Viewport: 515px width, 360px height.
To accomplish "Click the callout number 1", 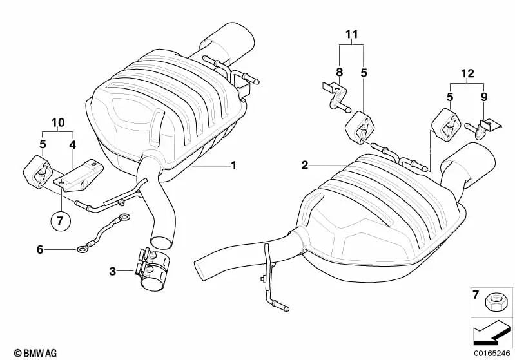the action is point(233,165).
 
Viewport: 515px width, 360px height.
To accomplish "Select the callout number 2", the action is point(305,165).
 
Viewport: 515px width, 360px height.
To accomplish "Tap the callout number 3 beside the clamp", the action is point(113,271).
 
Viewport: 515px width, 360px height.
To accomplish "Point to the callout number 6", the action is point(40,250).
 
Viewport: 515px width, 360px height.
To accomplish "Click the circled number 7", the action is point(61,221).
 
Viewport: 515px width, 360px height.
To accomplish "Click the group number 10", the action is point(58,122).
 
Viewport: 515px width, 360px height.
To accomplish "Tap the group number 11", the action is point(351,34).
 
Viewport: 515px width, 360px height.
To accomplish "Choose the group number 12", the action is point(468,73).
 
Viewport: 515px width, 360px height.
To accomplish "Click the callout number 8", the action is point(339,72).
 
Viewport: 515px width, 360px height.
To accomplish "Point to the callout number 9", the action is point(484,97).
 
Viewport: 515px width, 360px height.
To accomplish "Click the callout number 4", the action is point(73,144).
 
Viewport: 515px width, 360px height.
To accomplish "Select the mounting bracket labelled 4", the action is point(78,176).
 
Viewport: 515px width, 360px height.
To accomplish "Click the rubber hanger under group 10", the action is point(37,173).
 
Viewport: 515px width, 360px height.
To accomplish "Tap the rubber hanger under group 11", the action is point(360,128).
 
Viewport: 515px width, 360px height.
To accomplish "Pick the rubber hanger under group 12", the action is point(443,125).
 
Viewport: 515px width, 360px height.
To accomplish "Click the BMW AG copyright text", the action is point(35,353).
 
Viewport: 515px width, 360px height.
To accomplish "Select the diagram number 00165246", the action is point(492,353).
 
